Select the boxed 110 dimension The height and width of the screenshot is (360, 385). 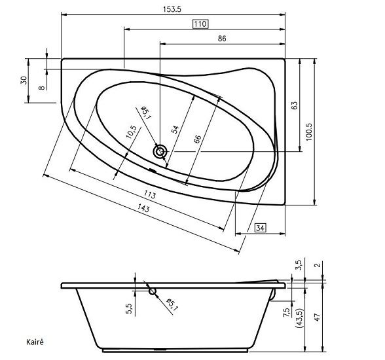tap(200, 24)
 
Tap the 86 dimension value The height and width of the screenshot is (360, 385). tap(222, 39)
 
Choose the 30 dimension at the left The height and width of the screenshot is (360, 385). tap(24, 80)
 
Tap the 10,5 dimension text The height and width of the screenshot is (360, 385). tap(132, 134)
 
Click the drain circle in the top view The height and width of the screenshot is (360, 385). tap(160, 152)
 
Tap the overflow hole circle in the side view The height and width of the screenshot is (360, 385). tap(153, 292)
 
